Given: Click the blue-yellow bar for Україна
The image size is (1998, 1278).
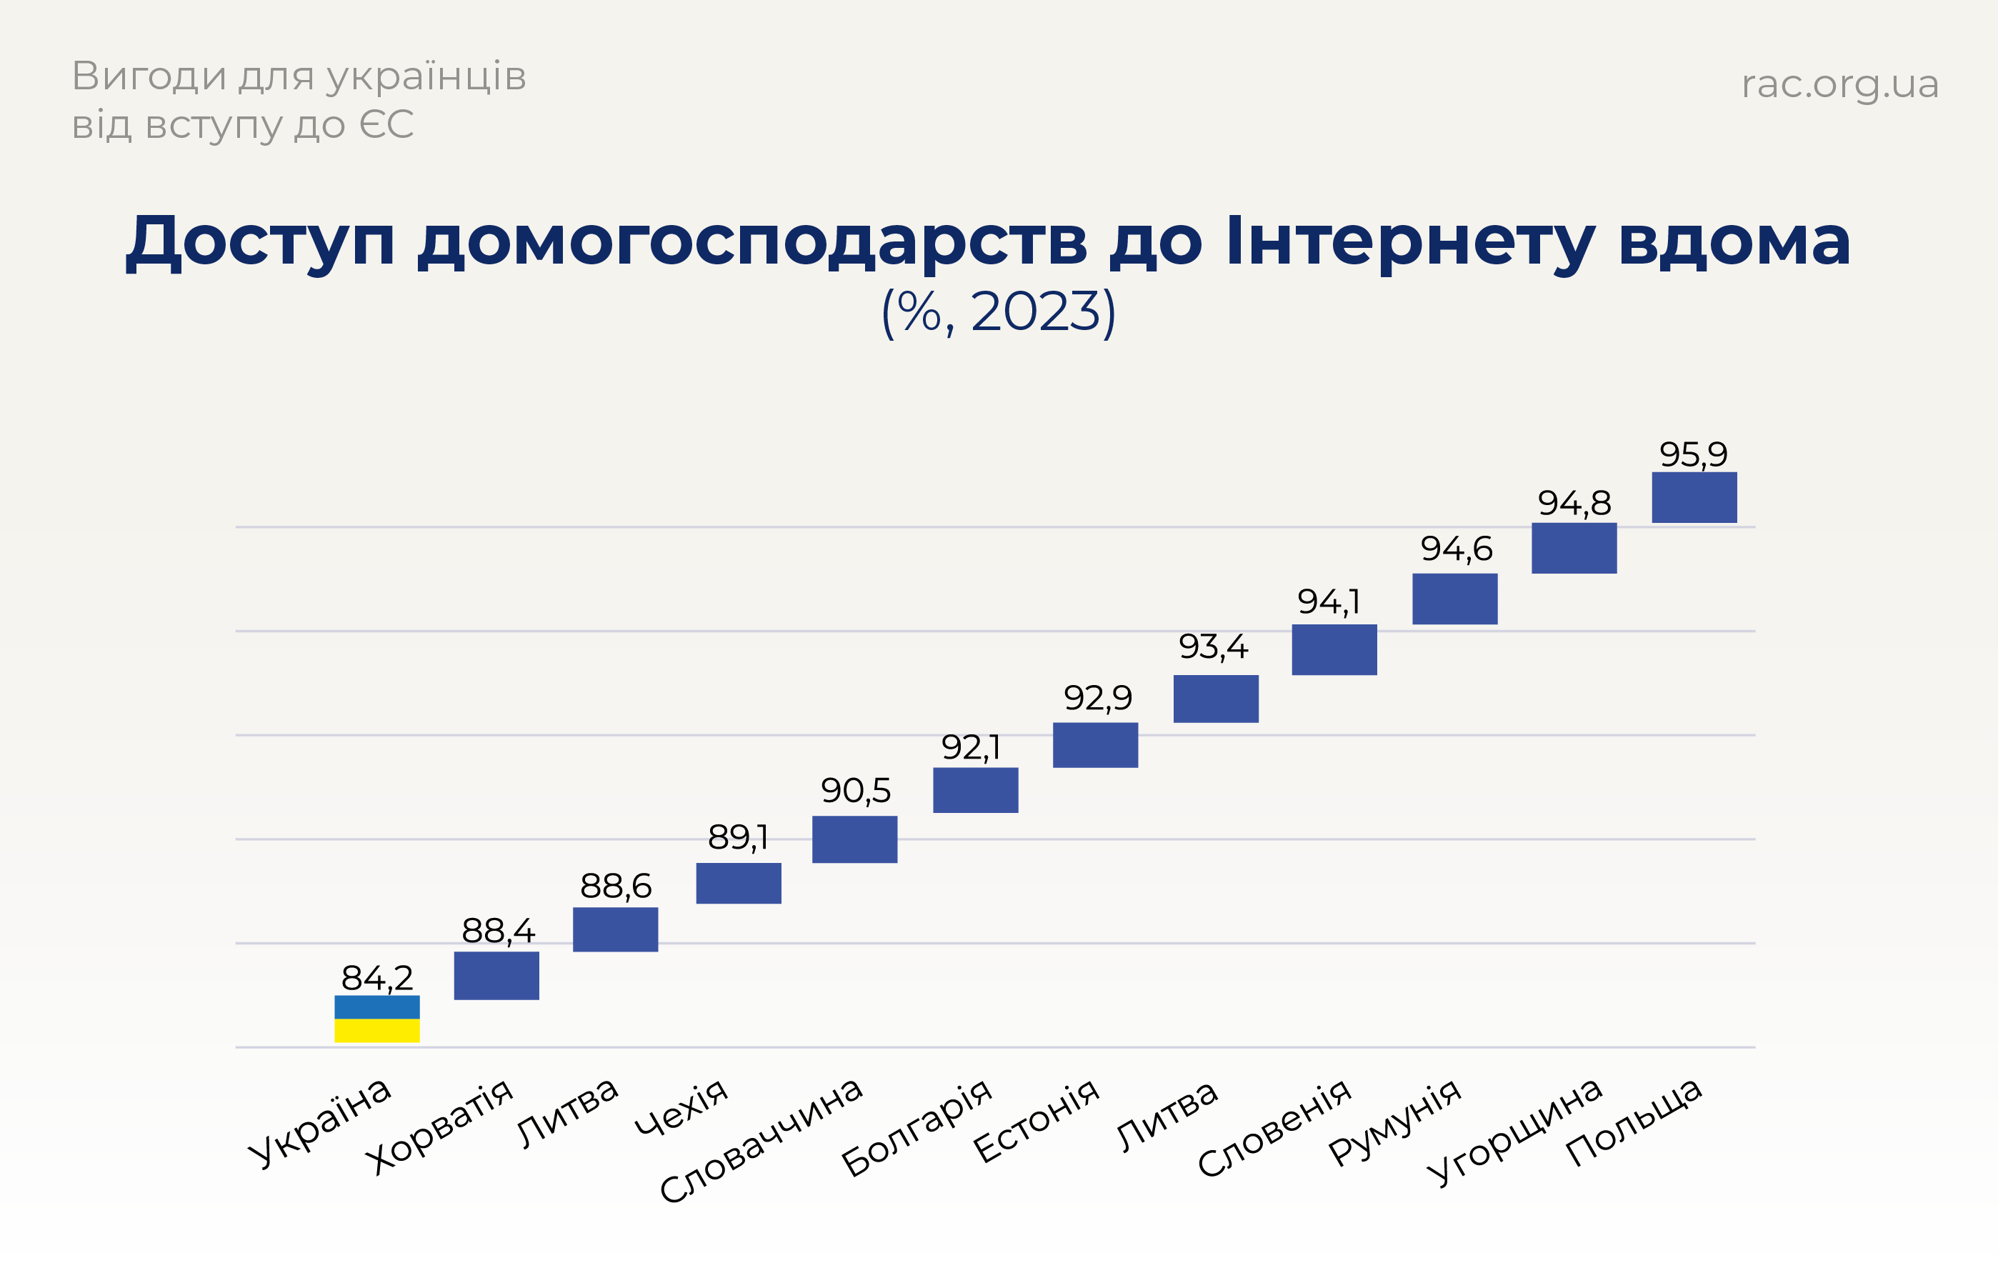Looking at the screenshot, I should tap(376, 1018).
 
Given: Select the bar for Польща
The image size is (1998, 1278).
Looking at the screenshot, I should tap(1694, 497).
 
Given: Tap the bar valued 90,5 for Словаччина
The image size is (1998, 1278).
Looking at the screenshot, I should tap(854, 839).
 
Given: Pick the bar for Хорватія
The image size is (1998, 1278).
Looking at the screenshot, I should tap(496, 975).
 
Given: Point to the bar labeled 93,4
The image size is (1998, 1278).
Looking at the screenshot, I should tap(1216, 699).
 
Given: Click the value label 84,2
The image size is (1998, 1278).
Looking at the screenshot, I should tap(376, 977).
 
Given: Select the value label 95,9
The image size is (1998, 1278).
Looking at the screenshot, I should tap(1693, 454).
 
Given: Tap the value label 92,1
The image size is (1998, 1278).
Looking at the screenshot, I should tap(971, 747).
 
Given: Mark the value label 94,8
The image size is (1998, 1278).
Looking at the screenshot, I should tap(1574, 503).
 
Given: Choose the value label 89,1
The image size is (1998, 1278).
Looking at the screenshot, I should tap(738, 837).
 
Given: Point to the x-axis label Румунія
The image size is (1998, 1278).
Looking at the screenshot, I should tap(1394, 1120).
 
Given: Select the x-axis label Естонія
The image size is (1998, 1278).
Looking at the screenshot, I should tap(1036, 1120).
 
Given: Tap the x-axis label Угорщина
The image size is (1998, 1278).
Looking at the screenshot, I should tap(1514, 1130).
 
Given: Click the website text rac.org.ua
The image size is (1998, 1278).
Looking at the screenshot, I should tap(1839, 84).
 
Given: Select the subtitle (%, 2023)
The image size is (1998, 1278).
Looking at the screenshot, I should tap(998, 312).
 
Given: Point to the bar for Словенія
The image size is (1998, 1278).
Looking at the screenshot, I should tap(1334, 649).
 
